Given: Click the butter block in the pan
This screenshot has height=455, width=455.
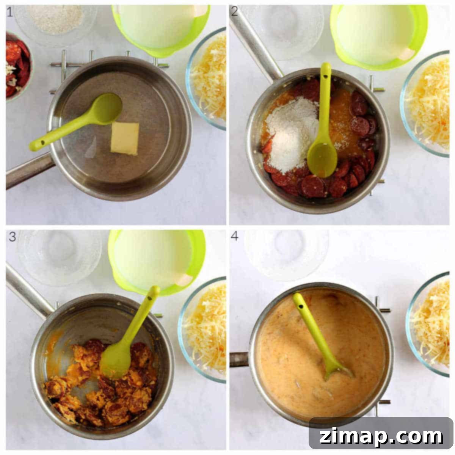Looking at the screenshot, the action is click(x=125, y=139).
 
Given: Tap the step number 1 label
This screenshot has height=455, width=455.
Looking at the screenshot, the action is click(x=10, y=12).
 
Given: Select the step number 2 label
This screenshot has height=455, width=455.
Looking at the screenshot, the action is click(x=234, y=11).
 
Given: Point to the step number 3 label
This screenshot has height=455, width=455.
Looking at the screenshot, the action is click(x=12, y=237).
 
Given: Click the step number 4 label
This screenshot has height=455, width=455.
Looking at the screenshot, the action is click(x=234, y=236).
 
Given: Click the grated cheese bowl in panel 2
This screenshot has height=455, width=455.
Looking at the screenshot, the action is click(x=425, y=104).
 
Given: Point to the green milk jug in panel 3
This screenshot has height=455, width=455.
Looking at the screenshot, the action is click(x=156, y=261).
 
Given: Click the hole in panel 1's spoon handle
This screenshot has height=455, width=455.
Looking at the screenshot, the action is click(x=43, y=143).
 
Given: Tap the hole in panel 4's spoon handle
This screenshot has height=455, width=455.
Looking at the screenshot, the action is click(x=300, y=306).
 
